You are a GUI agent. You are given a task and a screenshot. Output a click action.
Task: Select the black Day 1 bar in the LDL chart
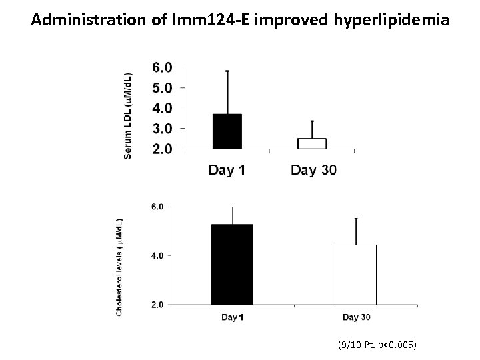(x=227, y=131)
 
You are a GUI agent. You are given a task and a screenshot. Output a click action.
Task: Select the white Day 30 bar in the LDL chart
(x=311, y=143)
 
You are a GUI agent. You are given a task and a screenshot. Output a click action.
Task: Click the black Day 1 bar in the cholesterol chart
(x=232, y=264)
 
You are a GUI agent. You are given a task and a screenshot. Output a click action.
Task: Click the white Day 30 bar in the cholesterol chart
(x=356, y=275)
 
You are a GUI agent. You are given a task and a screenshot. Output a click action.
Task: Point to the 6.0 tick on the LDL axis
(x=162, y=67)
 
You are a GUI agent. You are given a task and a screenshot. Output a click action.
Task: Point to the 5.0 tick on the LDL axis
(x=162, y=87)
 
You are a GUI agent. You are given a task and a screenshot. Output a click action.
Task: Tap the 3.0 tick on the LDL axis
(x=162, y=128)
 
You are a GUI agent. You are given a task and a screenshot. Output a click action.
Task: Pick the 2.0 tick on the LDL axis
(x=162, y=149)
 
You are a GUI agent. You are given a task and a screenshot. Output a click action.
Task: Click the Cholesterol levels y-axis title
(x=119, y=265)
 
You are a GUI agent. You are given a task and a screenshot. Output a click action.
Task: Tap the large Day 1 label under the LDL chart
(x=227, y=170)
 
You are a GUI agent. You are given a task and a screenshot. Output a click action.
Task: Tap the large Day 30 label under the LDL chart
(x=313, y=170)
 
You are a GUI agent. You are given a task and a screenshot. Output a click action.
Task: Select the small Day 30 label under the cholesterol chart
(x=356, y=317)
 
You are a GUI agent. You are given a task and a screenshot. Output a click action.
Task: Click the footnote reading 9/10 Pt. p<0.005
(x=377, y=345)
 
